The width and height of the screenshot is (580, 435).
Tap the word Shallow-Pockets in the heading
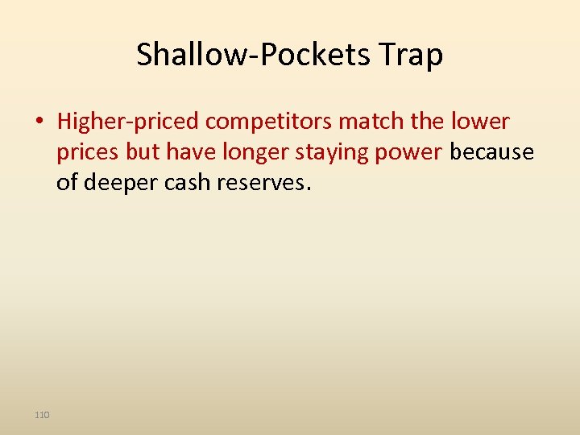pos(251,56)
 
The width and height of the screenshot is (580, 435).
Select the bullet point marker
pos(39,122)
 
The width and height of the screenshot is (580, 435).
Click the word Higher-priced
pos(128,122)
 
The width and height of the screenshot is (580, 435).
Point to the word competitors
pos(269,122)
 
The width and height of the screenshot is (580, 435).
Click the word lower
pos(481,122)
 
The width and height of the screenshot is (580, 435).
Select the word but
pos(143,152)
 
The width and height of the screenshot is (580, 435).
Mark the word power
pos(413,152)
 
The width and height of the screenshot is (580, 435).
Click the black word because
pos(491,152)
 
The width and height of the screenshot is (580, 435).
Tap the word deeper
pos(118,183)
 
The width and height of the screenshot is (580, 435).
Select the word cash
pos(186,183)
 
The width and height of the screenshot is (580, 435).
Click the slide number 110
pos(42,415)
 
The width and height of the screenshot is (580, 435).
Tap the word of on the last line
pos(67,183)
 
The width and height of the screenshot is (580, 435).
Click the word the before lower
pos(426,122)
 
